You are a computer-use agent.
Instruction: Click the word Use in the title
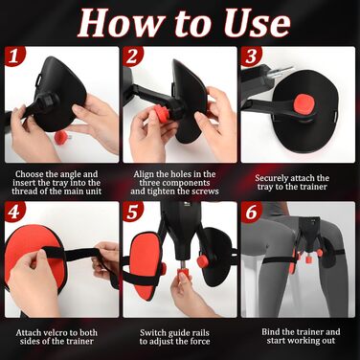click(x=257, y=23)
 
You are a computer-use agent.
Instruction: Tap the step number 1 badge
click(x=13, y=56)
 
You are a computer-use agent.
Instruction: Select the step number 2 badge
click(x=132, y=56)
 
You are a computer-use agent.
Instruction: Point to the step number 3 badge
click(x=251, y=56)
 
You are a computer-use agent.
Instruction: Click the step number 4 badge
click(x=13, y=212)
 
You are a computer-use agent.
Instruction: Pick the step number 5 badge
click(x=132, y=212)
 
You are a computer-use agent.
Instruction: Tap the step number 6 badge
click(x=251, y=212)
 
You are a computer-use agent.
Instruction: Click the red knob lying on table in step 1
click(x=61, y=138)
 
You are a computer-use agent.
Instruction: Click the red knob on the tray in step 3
click(x=304, y=103)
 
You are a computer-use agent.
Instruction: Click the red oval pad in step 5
click(x=146, y=265)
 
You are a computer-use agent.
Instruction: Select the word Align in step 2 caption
click(x=143, y=174)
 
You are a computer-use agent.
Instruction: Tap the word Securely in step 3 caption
click(x=272, y=178)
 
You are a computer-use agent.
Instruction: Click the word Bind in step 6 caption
click(x=271, y=332)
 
